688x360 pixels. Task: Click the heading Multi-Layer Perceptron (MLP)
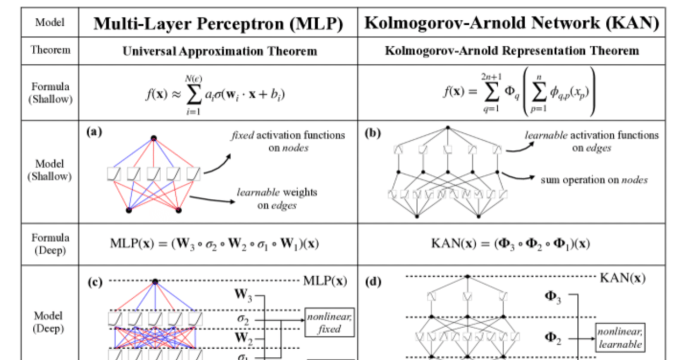tap(218, 24)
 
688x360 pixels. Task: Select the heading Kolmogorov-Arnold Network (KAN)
tap(511, 24)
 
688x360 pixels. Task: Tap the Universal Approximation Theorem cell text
tap(219, 52)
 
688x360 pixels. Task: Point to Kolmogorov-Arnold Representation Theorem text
tap(512, 51)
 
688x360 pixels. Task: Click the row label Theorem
tap(51, 51)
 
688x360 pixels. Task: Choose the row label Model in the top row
tap(50, 23)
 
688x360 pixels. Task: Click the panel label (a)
tap(95, 131)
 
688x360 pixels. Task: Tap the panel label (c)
tap(95, 282)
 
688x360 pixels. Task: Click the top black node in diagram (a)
tap(154, 138)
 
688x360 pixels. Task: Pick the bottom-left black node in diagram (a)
tap(128, 210)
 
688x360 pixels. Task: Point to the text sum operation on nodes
tap(594, 179)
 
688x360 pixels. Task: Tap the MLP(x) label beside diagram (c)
tap(325, 280)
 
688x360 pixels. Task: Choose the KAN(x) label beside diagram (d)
tap(622, 278)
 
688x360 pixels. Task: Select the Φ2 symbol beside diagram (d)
tap(554, 339)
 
